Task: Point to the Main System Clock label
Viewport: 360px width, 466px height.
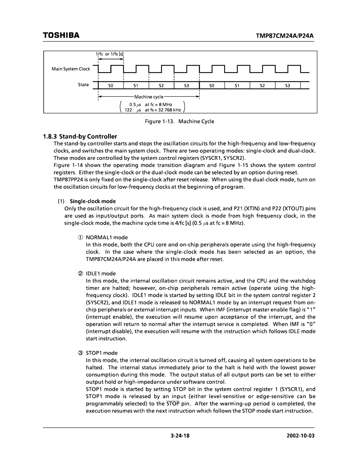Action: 71,69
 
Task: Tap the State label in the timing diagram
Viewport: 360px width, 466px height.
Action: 83,85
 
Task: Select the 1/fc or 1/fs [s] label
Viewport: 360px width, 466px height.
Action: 110,54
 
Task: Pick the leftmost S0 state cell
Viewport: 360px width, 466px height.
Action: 111,86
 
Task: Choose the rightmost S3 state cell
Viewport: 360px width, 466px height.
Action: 287,86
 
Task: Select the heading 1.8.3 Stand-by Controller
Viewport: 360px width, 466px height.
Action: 80,136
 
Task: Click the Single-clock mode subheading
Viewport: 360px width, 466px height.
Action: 93,201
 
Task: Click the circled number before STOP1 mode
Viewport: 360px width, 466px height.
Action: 81,353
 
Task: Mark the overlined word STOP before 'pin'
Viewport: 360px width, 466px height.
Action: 173,404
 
